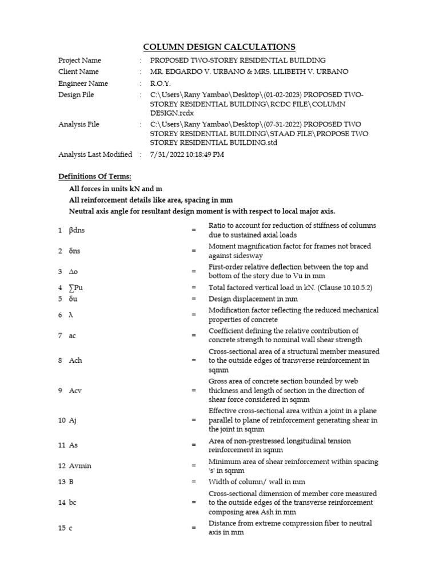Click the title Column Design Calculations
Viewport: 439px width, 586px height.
(219, 47)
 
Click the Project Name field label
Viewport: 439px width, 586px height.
(79, 60)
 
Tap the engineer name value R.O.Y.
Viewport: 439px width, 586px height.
(161, 83)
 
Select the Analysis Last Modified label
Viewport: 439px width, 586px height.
(95, 155)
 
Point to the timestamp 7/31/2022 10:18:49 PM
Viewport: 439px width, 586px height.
(187, 155)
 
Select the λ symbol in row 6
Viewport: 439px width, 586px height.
(71, 315)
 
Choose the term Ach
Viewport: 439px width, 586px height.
(75, 361)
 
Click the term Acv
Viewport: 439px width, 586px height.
(75, 391)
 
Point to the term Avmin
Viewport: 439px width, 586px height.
(80, 466)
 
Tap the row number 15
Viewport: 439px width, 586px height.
(61, 528)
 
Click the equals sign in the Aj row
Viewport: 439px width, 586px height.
(194, 420)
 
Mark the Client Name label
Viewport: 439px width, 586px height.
(78, 72)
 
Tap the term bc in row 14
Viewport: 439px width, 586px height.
(73, 502)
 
